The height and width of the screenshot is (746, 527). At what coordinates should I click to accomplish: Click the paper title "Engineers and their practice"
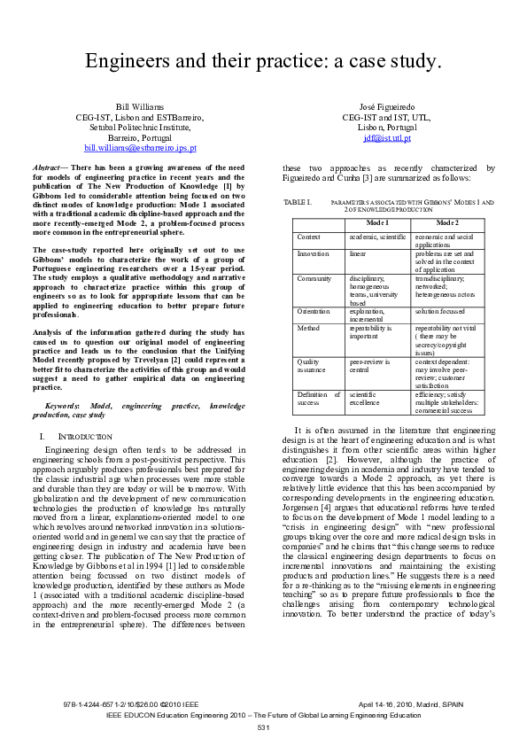tap(262, 60)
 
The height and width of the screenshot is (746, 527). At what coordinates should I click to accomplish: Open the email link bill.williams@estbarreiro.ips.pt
tap(140, 148)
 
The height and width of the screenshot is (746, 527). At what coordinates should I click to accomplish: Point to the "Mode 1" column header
tap(379, 223)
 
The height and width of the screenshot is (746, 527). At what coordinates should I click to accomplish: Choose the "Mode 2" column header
tap(447, 223)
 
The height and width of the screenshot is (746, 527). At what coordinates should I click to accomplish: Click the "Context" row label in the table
tap(309, 237)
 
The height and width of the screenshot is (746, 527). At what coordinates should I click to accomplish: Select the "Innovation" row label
tap(314, 253)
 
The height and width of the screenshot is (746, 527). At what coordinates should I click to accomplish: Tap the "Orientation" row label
tap(315, 311)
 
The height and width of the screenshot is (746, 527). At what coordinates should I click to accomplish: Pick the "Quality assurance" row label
tap(311, 365)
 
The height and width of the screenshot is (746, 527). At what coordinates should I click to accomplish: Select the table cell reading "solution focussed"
tap(441, 311)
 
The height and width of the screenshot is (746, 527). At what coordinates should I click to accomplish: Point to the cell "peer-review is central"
tap(372, 365)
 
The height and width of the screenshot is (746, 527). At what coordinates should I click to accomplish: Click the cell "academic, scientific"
tap(377, 237)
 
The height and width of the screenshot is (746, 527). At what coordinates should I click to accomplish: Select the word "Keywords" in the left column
tap(63, 404)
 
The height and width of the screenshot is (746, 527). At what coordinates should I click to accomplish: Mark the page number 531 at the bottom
tap(263, 727)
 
